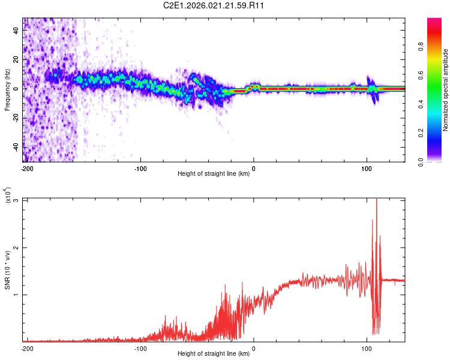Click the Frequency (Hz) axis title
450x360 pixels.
[x=7, y=90]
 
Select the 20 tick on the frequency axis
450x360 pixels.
[x=16, y=59]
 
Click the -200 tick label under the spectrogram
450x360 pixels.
[x=26, y=168]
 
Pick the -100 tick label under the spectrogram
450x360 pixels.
[x=140, y=168]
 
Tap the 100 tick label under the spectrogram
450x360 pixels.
[x=366, y=168]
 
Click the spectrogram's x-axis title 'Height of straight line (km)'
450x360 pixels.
[x=214, y=175]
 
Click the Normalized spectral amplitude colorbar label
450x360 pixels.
[x=446, y=90]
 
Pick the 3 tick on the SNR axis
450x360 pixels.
[x=16, y=200]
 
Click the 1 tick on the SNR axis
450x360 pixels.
[x=16, y=294]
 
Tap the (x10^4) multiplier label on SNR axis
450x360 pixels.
[x=7, y=196]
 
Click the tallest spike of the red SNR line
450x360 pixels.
[x=376, y=200]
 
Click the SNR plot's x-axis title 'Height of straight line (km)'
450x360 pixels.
[x=214, y=354]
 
